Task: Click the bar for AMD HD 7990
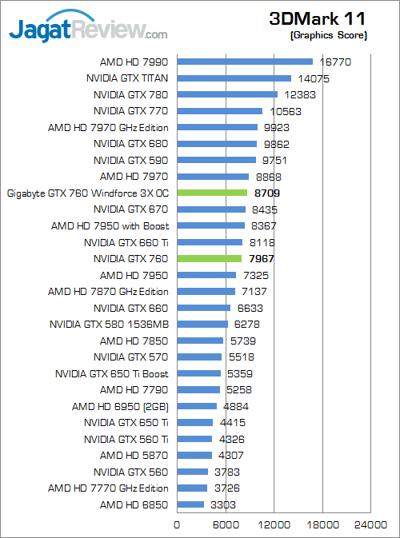pyautogui.click(x=244, y=62)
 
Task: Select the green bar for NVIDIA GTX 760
pyautogui.click(x=209, y=258)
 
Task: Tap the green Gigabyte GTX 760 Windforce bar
pyautogui.click(x=212, y=193)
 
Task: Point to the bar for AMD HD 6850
pyautogui.click(x=190, y=504)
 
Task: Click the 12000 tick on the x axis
pyautogui.click(x=274, y=525)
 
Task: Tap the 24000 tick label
pyautogui.click(x=371, y=525)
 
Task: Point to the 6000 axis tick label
pyautogui.click(x=225, y=525)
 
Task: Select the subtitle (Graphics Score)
pyautogui.click(x=329, y=35)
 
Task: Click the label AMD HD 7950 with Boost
pyautogui.click(x=110, y=225)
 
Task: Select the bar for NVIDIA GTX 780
pyautogui.click(x=226, y=94)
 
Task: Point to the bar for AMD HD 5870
pyautogui.click(x=194, y=455)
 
